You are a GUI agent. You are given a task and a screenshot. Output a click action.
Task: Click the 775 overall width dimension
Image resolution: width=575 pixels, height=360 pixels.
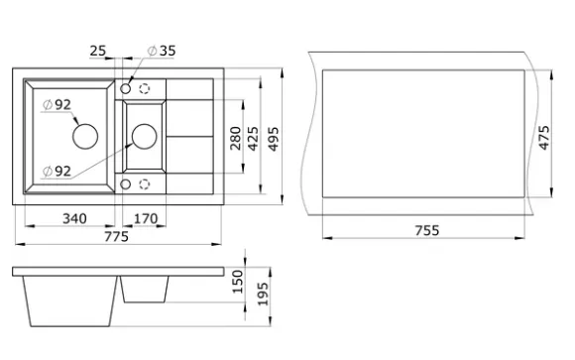click(x=117, y=237)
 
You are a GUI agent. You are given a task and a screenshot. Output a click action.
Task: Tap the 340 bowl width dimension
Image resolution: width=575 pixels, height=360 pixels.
click(x=74, y=219)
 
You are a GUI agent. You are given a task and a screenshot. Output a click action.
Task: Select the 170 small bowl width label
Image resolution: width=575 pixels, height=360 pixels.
click(x=146, y=219)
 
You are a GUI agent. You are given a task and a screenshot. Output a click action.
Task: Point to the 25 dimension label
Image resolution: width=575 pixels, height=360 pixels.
click(x=97, y=51)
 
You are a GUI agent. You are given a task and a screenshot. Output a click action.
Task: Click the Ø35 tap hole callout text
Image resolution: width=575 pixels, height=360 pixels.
click(x=162, y=51)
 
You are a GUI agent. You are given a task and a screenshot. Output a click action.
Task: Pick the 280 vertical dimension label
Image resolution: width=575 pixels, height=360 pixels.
click(x=236, y=138)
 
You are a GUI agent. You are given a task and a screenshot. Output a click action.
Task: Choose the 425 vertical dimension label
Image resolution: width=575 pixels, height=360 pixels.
click(x=254, y=139)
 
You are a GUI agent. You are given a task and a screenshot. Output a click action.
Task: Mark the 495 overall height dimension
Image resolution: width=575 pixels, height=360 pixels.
click(x=274, y=139)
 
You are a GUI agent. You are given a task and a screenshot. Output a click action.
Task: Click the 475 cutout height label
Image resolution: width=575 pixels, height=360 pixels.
click(x=544, y=138)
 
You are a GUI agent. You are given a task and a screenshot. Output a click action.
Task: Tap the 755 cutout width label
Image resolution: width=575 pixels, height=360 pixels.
click(x=427, y=230)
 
